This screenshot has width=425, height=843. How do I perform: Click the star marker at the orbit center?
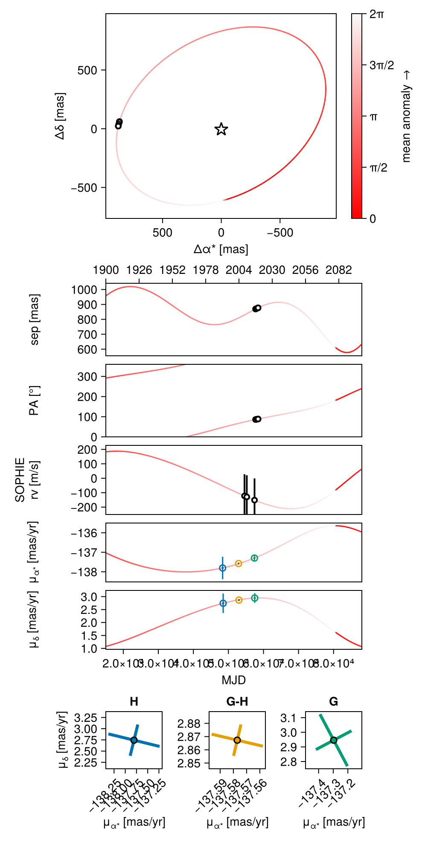[x=221, y=129]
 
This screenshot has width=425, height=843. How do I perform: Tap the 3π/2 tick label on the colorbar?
[x=381, y=65]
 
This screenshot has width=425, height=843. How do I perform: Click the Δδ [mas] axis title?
[x=60, y=116]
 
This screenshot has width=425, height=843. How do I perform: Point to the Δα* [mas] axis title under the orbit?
[x=221, y=249]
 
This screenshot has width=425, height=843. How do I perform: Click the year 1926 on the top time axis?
[x=139, y=270]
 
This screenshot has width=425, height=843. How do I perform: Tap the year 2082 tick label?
[x=339, y=270]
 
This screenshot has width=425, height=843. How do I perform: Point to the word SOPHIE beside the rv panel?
[x=20, y=480]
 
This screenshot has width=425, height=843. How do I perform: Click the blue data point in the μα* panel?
[x=223, y=568]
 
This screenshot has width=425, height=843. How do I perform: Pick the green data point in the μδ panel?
[x=254, y=598]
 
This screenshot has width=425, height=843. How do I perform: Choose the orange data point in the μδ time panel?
[x=239, y=600]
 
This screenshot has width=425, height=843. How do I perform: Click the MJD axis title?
[x=234, y=680]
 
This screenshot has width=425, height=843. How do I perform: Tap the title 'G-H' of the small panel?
[x=237, y=702]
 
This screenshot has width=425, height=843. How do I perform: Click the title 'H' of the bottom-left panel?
[x=134, y=702]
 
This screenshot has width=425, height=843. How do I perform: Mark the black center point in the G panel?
[x=334, y=740]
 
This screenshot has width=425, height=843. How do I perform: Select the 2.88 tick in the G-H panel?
[x=189, y=724]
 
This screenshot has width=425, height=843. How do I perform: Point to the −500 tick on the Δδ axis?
[x=84, y=188]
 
